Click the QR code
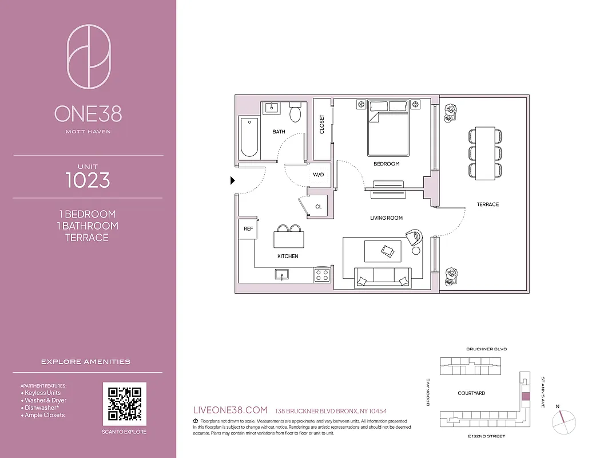point(124,404)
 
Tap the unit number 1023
point(88,180)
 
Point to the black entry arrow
point(232,181)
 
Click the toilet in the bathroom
point(295,113)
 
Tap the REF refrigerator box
point(248,228)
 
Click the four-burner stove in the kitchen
point(322,275)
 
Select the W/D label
point(318,175)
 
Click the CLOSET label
point(322,125)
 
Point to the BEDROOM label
point(386,164)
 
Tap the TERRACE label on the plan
point(487,204)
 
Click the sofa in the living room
point(383,277)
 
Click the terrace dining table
point(486,153)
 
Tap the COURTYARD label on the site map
point(471,393)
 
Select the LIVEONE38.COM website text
point(231,410)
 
